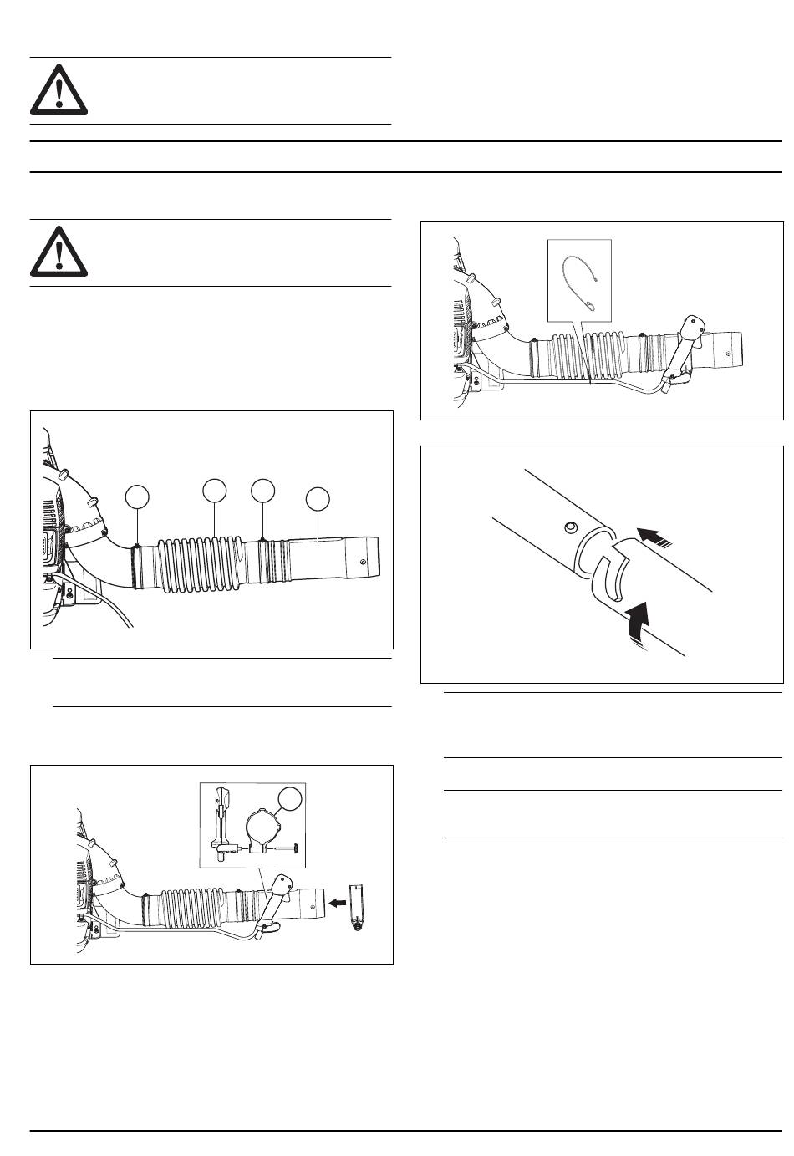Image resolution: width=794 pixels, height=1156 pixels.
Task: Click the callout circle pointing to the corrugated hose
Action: (216, 491)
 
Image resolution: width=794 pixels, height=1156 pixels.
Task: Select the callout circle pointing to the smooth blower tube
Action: (318, 500)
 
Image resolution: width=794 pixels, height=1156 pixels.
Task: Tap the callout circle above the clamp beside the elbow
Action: (137, 497)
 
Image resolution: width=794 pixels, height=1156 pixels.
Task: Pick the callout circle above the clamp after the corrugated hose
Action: (263, 491)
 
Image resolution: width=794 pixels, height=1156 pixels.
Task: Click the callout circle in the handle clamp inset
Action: (289, 798)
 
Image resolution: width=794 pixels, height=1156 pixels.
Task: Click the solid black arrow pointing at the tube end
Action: (338, 903)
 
